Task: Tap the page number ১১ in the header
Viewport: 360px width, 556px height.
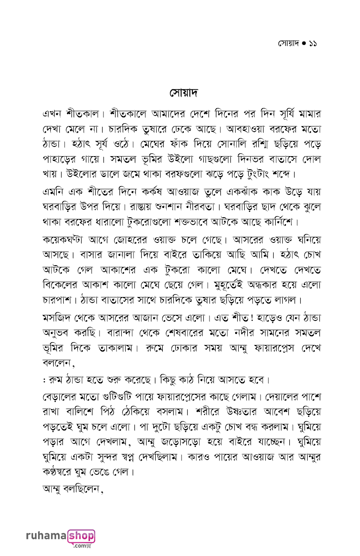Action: pyautogui.click(x=312, y=43)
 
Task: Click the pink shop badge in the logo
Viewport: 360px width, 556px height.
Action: pyautogui.click(x=81, y=536)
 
